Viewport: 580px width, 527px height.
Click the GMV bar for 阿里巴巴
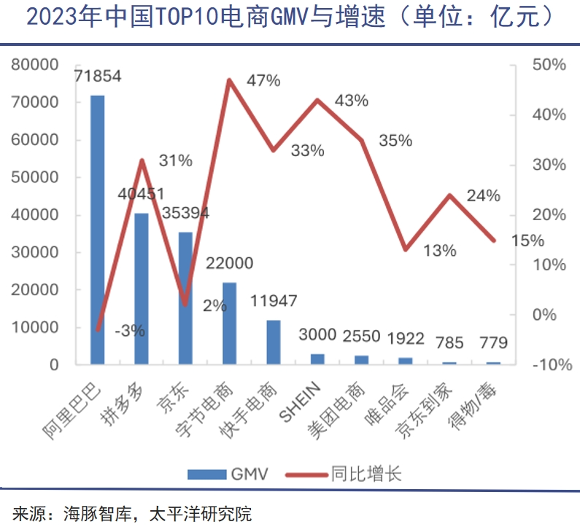click(x=97, y=229)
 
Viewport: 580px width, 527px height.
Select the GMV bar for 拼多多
click(x=141, y=288)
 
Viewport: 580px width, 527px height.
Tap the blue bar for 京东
click(x=185, y=297)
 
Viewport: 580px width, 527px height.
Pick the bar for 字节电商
click(x=229, y=323)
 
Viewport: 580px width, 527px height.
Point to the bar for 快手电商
click(x=273, y=342)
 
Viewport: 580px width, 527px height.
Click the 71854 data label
click(x=97, y=76)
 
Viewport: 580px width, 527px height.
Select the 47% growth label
click(x=263, y=80)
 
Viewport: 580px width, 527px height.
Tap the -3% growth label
click(x=130, y=331)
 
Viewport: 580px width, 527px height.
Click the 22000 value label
click(x=229, y=263)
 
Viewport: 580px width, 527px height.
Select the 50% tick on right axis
click(x=549, y=64)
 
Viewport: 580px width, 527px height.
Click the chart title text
click(x=290, y=17)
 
